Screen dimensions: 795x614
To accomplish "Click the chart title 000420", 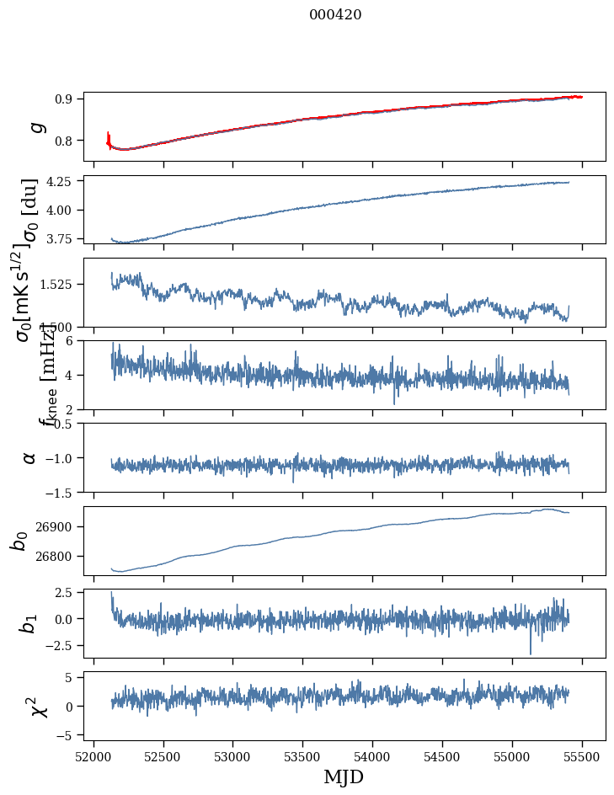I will [335, 14].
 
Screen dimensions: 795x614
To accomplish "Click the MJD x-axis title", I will [344, 776].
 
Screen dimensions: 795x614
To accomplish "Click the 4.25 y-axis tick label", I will [61, 182].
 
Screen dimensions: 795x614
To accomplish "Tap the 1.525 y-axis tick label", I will [60, 285].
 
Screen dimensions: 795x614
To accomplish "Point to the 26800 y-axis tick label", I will [59, 556].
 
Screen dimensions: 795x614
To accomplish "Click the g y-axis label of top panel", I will [35, 127].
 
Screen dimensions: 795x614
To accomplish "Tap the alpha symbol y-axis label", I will [29, 457].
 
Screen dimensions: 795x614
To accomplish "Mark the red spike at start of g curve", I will [109, 136].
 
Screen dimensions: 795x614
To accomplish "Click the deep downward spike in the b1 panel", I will [531, 652].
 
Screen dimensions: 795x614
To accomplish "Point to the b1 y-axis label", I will [28, 623].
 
